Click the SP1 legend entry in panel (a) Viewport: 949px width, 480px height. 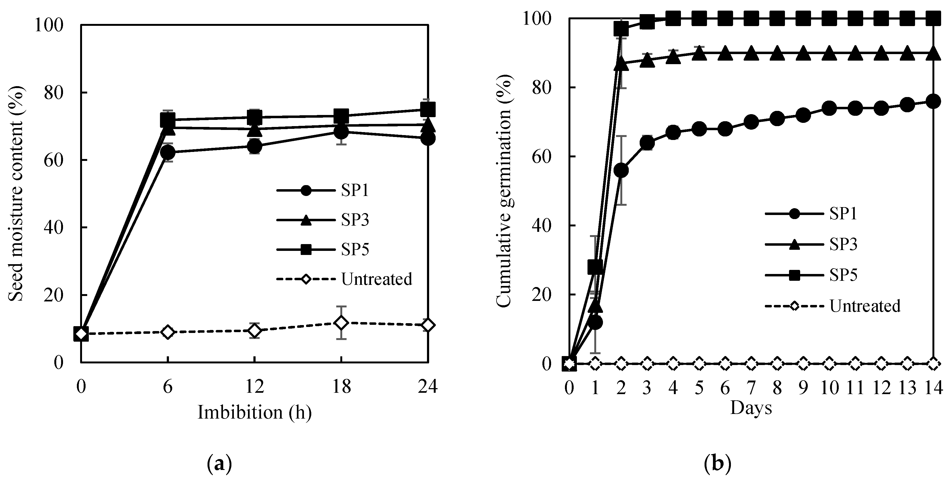click(355, 191)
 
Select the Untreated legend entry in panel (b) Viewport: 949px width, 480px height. click(865, 306)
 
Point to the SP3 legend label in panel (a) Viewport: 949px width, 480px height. click(355, 220)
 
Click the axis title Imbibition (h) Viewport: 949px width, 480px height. click(254, 412)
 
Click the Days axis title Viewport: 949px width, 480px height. click(751, 408)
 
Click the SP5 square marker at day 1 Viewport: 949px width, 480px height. click(595, 267)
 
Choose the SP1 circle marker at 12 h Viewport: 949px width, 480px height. click(254, 146)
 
